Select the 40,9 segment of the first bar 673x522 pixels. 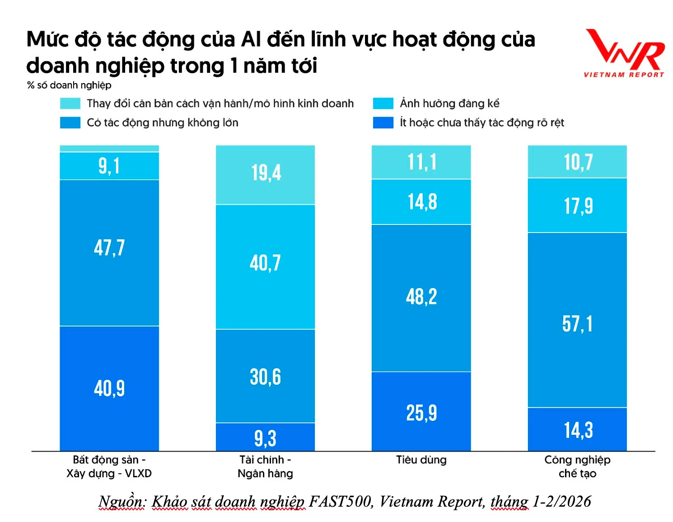(x=109, y=388)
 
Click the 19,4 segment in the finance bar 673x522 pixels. (x=266, y=174)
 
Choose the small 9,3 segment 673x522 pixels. (x=266, y=437)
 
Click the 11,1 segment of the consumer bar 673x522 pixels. (x=421, y=162)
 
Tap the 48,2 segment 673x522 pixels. (x=421, y=298)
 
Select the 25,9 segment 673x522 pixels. (x=421, y=411)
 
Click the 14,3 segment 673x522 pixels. (x=577, y=429)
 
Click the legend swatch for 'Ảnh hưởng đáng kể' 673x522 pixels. (x=383, y=103)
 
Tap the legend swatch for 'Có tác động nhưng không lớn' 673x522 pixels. (x=70, y=123)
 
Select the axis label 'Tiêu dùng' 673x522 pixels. (x=421, y=460)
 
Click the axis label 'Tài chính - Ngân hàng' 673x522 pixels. (x=266, y=466)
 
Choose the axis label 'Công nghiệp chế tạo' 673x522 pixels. (x=577, y=466)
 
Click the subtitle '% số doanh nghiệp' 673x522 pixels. (x=69, y=85)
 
